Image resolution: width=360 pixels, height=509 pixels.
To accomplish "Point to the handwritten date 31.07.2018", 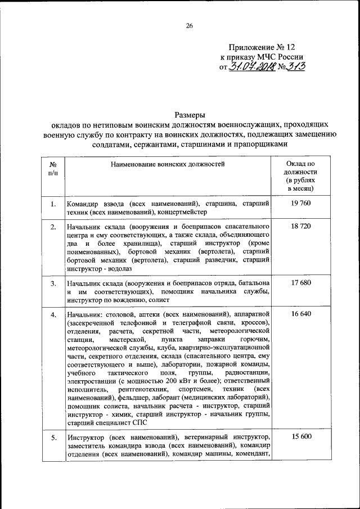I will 251,67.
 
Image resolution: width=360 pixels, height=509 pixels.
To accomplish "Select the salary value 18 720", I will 301,226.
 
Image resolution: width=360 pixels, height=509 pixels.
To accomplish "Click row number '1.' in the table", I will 52,204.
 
